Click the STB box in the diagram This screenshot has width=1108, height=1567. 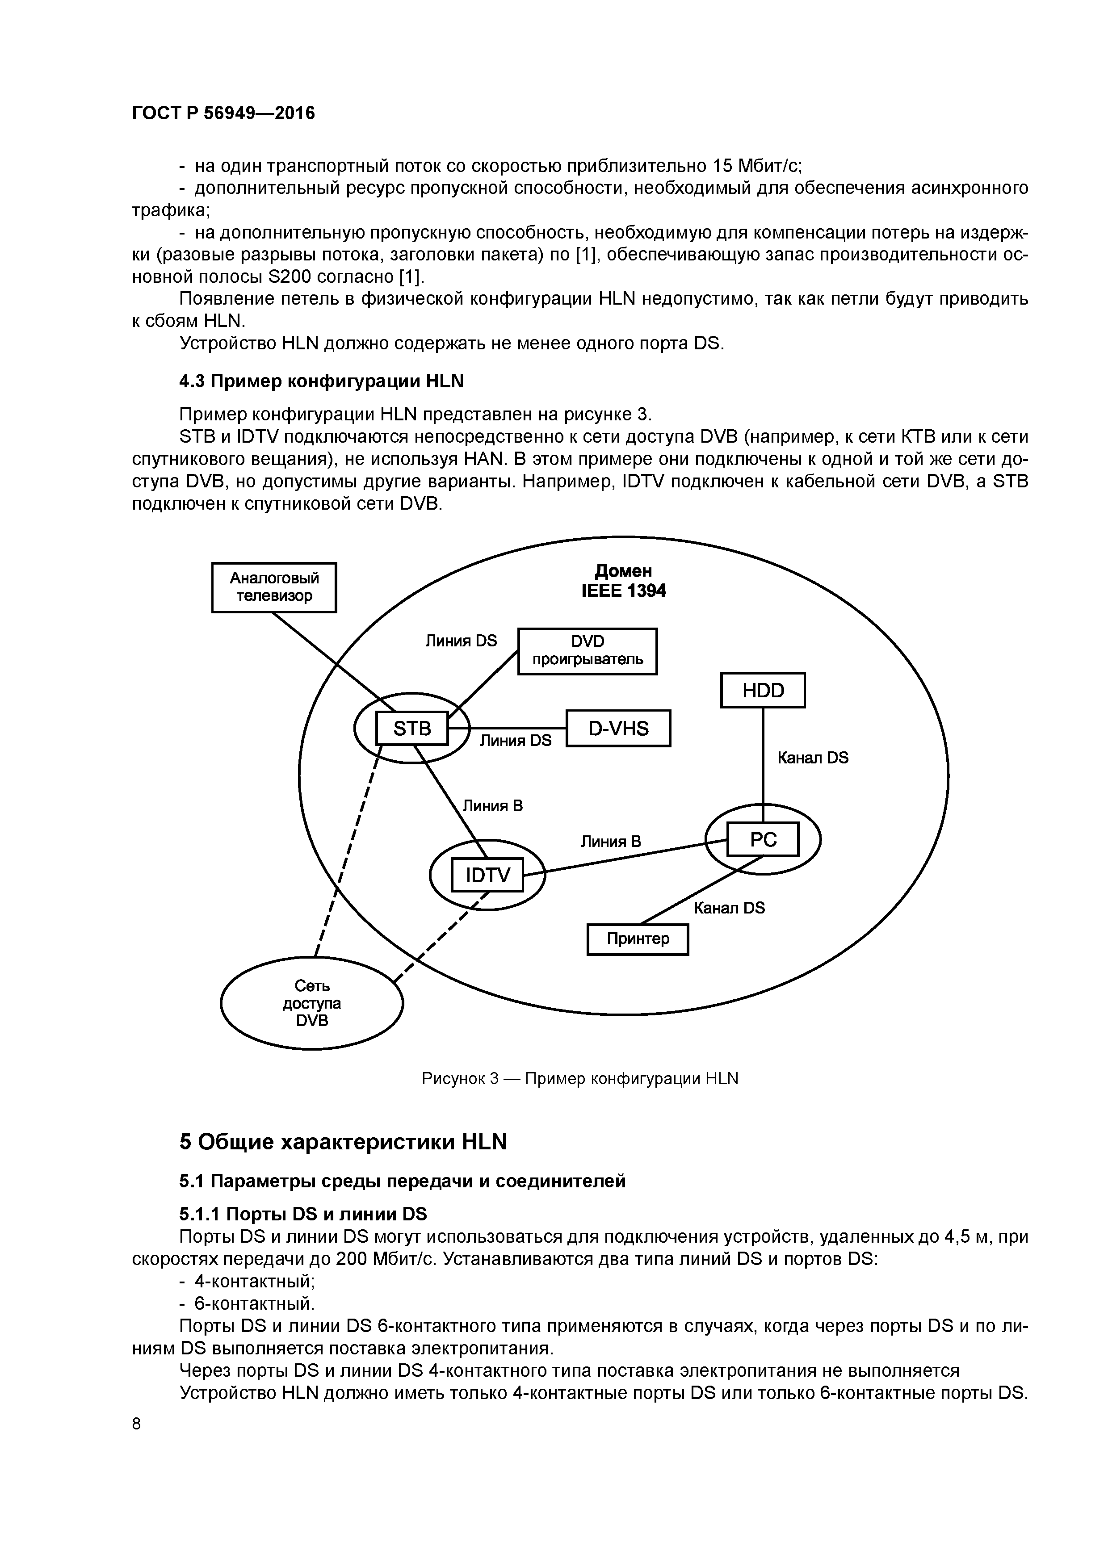411,729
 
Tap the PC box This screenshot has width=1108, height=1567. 763,839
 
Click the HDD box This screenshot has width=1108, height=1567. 763,690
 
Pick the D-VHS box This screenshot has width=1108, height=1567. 618,728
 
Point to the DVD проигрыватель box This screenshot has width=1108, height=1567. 587,651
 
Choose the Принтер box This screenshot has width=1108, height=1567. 638,939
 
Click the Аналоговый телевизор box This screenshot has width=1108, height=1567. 274,587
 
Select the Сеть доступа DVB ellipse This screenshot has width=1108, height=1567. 311,1003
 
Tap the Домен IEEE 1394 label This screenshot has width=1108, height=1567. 623,581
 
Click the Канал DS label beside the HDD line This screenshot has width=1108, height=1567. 812,758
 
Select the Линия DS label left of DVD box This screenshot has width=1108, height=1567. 461,641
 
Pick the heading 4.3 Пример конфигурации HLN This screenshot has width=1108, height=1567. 321,381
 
